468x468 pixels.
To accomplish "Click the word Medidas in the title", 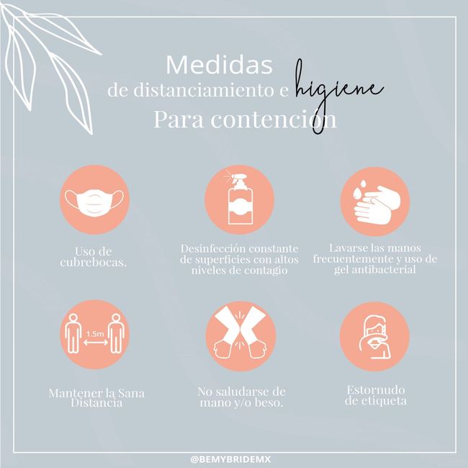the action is click(x=220, y=65).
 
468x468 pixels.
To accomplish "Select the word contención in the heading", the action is click(x=274, y=120).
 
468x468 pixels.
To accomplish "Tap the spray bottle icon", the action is click(x=239, y=197).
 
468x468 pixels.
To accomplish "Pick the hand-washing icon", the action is click(x=375, y=203).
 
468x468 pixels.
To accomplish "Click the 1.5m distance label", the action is click(x=95, y=333).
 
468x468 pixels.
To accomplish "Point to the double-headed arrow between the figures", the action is click(x=96, y=342).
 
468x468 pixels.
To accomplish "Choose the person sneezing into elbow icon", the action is click(x=374, y=337).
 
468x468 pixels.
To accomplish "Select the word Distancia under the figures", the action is click(x=96, y=403).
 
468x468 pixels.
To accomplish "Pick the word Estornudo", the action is click(x=376, y=390).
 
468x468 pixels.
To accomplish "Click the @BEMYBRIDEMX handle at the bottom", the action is click(x=230, y=459).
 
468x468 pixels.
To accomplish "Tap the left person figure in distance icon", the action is click(x=73, y=333).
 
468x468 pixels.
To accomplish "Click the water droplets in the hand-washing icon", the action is click(x=359, y=189).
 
